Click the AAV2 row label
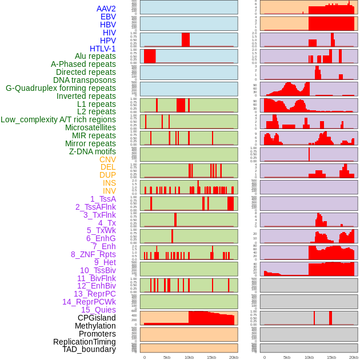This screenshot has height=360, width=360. pos(106,9)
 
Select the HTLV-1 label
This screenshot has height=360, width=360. pos(103,49)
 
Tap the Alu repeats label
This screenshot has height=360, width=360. pos(95,56)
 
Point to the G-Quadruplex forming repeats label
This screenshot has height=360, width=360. pos(61,88)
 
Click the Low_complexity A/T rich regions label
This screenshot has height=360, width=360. pos(58,119)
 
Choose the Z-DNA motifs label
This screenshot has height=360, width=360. pos(93,151)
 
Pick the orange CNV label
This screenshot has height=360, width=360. pos(107,159)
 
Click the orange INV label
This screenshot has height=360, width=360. pos(109,191)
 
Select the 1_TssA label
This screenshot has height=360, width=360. pos(103,199)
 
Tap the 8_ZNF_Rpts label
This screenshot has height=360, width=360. pos(93,254)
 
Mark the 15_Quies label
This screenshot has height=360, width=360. pos(98,310)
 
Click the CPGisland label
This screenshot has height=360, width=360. pos(97,318)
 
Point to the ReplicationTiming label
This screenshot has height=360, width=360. pos(85,342)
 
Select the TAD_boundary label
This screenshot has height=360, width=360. pos(89,349)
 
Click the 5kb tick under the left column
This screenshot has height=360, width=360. pos(167,357)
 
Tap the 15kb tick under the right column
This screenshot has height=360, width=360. pos(331,357)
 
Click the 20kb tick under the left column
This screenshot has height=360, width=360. pos(233,357)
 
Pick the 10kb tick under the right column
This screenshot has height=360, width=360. pos(309,357)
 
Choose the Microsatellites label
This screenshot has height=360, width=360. pos(90,127)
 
